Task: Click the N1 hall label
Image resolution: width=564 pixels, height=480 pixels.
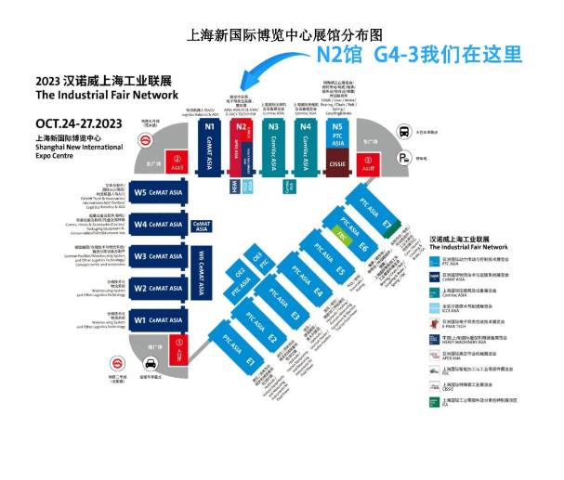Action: click(210, 126)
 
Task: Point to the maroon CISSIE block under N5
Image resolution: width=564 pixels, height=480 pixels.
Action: click(338, 169)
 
